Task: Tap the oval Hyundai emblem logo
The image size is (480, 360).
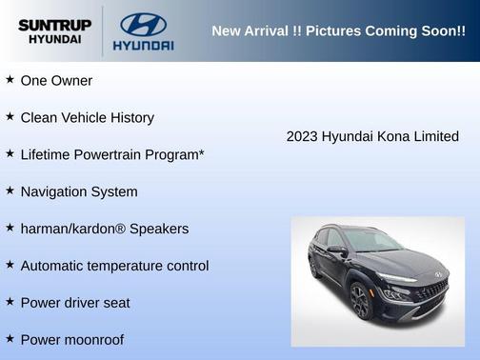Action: (143, 24)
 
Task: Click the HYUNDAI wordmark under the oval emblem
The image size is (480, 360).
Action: (143, 45)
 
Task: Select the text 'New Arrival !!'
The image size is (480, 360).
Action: (252, 30)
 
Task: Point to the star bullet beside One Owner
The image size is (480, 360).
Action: (10, 80)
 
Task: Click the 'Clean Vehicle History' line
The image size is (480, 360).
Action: (87, 117)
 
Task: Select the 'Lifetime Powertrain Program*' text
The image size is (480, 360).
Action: (112, 154)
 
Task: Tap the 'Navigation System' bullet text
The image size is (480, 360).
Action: (78, 191)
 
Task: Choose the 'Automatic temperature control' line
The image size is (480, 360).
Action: (114, 266)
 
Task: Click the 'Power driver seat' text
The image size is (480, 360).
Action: (75, 303)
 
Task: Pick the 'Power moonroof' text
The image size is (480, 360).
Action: (71, 340)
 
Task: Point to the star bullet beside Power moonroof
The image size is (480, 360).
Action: (10, 339)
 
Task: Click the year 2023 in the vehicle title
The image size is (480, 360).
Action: (302, 136)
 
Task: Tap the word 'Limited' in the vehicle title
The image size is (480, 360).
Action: (435, 136)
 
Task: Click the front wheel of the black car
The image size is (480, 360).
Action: (360, 301)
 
